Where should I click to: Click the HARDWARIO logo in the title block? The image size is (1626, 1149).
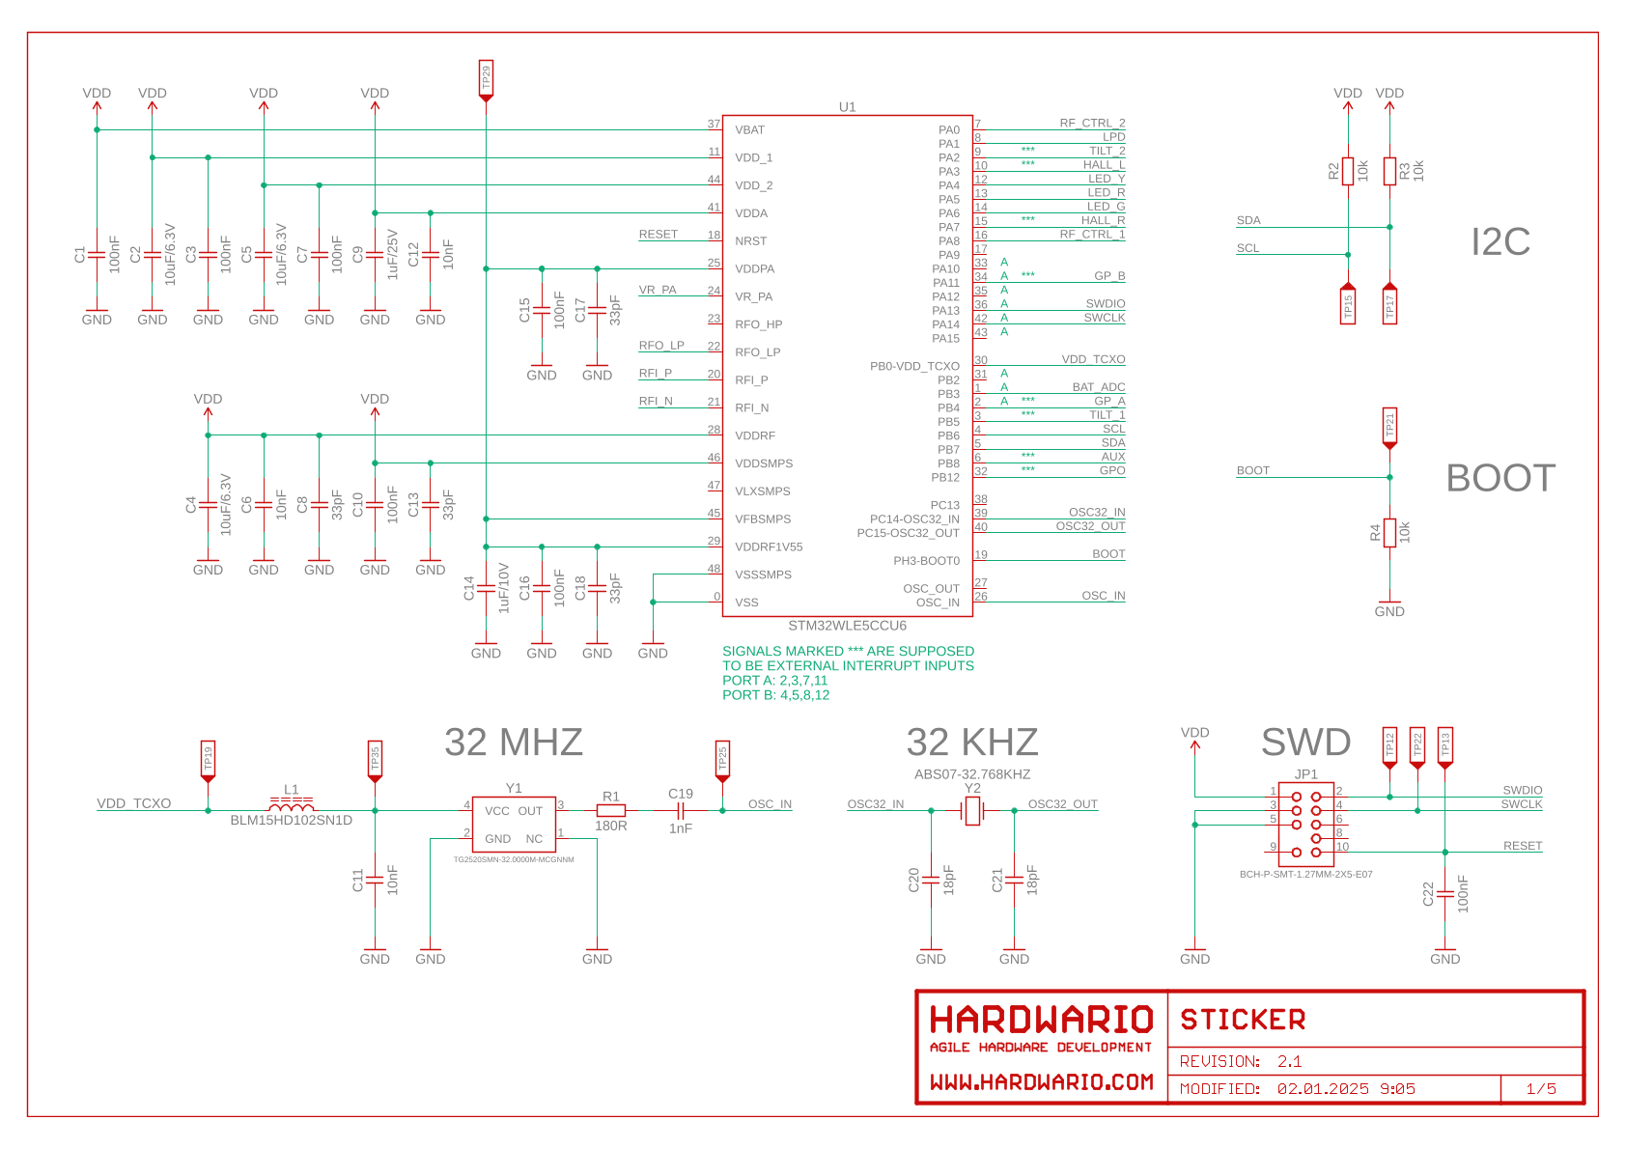(x=1041, y=1021)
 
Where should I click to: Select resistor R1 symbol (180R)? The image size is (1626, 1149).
(x=610, y=811)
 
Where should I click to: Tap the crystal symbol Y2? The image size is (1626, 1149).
(x=972, y=811)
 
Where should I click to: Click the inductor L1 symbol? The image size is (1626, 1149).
(x=291, y=806)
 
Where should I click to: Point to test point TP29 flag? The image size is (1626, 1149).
(x=486, y=79)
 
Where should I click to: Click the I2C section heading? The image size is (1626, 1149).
(x=1500, y=241)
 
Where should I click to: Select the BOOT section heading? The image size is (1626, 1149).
(x=1500, y=478)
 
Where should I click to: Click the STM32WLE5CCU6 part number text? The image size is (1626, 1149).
(x=847, y=626)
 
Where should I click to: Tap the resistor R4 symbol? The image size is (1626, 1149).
(x=1389, y=533)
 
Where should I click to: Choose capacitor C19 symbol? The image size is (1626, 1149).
(x=680, y=811)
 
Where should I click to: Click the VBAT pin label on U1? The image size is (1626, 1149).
(x=749, y=130)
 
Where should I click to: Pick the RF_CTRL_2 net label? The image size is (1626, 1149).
(x=1092, y=124)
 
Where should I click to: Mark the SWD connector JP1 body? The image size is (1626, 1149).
(x=1306, y=825)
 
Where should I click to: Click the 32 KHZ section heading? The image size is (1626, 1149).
(x=971, y=743)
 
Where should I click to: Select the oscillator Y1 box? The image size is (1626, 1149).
(x=514, y=825)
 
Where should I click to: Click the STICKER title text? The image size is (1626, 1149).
(x=1243, y=1021)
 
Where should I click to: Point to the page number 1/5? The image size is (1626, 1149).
(x=1541, y=1089)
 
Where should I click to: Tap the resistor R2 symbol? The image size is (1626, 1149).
(x=1348, y=172)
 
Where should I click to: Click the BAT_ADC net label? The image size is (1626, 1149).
(x=1098, y=387)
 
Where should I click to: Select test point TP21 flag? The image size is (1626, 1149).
(x=1389, y=427)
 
